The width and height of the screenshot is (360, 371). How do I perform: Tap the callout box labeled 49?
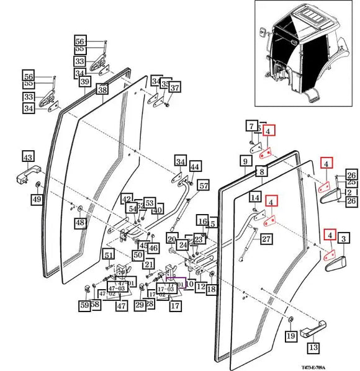pos(37,200)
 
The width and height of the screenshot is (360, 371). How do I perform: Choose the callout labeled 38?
pos(102,90)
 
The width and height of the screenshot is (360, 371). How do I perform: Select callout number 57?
pos(204,185)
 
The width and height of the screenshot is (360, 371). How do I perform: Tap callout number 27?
pos(266,239)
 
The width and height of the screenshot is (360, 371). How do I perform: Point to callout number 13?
pos(313,347)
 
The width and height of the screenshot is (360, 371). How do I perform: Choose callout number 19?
pos(290,336)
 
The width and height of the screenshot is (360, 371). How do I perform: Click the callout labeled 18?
pos(211,289)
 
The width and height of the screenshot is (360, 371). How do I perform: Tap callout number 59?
pos(84,305)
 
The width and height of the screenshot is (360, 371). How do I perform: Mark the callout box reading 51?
pos(109,255)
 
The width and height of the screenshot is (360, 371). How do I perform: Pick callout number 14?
pos(255,197)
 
